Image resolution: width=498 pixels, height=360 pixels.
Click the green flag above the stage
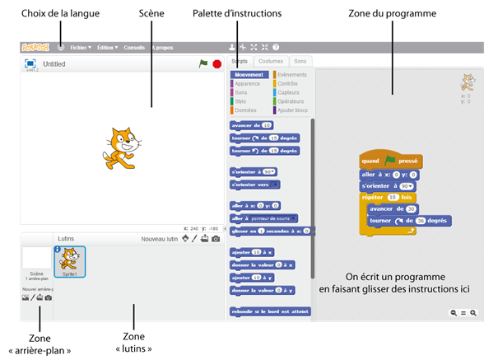202,63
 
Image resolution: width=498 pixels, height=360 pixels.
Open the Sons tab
301,61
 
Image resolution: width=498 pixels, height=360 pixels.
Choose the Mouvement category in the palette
250,75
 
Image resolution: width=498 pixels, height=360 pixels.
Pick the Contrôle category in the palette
288,84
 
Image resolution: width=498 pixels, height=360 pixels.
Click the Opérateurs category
292,101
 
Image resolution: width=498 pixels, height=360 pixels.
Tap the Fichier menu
81,48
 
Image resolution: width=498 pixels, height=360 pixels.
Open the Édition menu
107,48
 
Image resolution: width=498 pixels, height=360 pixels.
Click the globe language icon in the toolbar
60,48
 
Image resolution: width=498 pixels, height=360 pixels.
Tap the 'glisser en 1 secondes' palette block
270,231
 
